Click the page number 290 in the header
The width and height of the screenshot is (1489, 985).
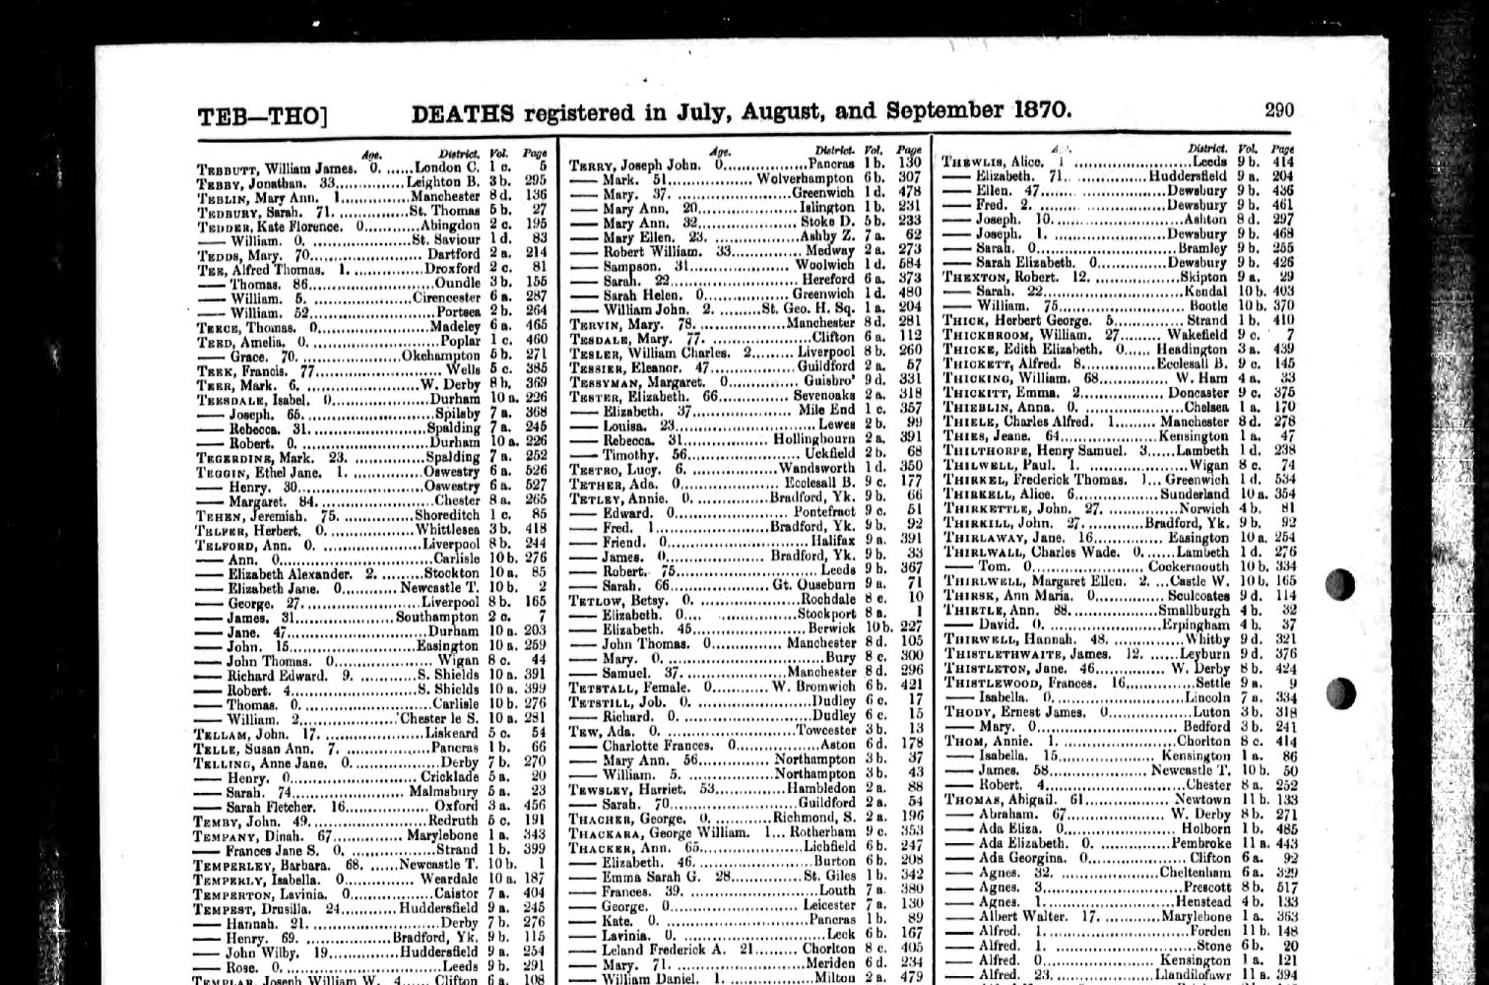[x=1278, y=110]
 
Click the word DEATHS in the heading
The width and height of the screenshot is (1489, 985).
[x=460, y=112]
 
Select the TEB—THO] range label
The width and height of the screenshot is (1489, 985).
[x=260, y=117]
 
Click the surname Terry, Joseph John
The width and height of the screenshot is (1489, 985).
[x=594, y=164]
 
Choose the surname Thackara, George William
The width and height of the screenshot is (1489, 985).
[x=603, y=831]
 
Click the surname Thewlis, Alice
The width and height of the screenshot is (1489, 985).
[x=971, y=162]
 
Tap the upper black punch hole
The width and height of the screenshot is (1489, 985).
[x=1340, y=584]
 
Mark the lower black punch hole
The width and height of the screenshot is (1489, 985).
[x=1340, y=693]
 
